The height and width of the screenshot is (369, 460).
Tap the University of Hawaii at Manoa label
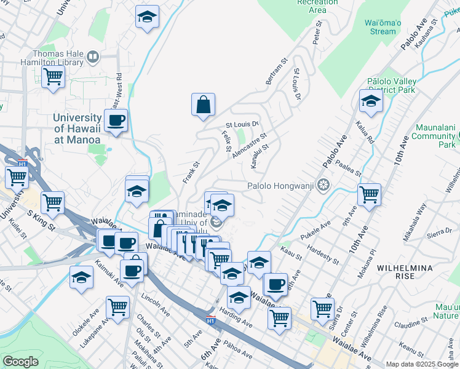77,129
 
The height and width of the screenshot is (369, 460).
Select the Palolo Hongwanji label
280,185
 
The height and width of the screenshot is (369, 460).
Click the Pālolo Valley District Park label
391,85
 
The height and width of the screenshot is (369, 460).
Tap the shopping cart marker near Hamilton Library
54,77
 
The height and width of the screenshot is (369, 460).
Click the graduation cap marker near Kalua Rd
371,102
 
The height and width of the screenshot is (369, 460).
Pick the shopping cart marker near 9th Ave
369,195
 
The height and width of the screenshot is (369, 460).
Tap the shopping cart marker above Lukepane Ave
117,307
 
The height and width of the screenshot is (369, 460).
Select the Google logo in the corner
20,362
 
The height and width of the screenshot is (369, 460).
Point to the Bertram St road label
276,72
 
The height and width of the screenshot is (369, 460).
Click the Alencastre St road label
250,146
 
